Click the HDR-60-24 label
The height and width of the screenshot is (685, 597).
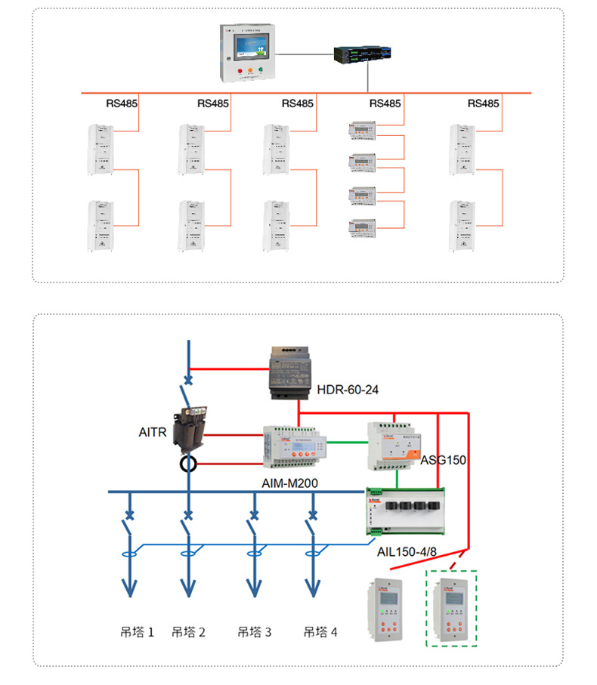[348, 390]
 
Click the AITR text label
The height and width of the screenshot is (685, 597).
[153, 433]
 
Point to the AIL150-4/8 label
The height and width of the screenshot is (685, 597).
[407, 552]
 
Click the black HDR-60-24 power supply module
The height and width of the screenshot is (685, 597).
[291, 373]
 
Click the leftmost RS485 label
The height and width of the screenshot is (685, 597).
[121, 103]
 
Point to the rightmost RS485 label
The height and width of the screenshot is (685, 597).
[483, 103]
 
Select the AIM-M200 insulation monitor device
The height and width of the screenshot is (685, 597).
[295, 449]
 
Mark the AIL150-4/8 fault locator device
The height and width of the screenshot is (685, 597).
[405, 513]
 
